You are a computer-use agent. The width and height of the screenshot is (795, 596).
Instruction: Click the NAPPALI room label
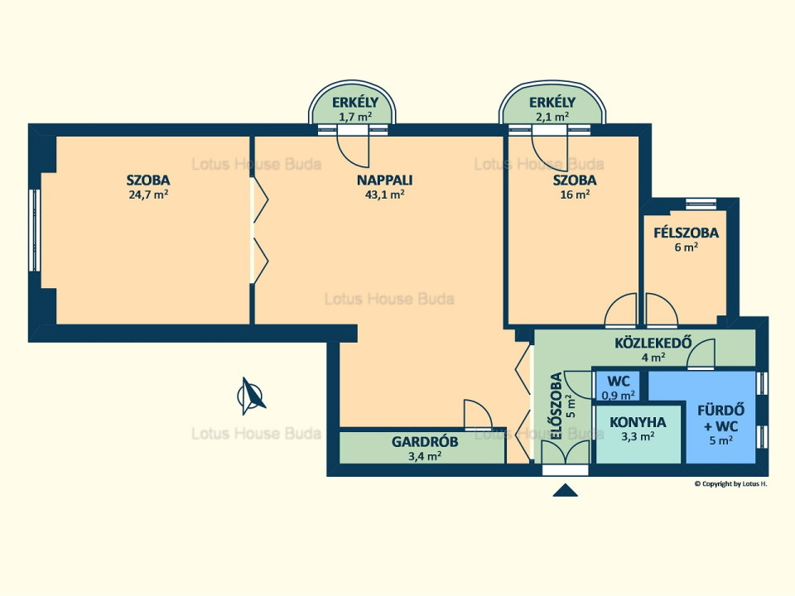[384, 180]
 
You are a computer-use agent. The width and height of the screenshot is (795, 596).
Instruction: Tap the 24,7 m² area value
[149, 195]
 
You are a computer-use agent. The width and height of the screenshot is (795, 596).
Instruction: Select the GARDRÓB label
[425, 441]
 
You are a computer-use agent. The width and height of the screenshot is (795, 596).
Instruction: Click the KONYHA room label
[638, 421]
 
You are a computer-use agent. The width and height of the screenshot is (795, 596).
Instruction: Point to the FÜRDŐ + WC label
[720, 417]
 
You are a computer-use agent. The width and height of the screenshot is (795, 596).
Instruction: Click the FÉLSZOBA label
[686, 233]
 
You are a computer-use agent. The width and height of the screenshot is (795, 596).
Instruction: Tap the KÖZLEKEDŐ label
[653, 344]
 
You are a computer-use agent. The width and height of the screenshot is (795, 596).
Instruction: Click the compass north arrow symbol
[252, 395]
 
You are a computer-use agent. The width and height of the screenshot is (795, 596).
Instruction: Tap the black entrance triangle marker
[566, 490]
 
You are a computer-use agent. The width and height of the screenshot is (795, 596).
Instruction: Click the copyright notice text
[730, 483]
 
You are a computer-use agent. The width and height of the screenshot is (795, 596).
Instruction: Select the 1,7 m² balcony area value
[354, 117]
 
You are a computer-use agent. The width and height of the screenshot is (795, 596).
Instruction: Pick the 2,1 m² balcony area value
[552, 117]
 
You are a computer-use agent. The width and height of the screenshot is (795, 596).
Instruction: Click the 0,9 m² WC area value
[619, 394]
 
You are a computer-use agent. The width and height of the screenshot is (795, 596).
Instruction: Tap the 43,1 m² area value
[384, 195]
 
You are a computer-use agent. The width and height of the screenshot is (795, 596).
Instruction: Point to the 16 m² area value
[574, 195]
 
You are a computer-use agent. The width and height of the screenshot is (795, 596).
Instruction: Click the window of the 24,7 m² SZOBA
[34, 230]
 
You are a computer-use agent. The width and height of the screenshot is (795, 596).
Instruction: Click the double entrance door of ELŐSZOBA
[565, 452]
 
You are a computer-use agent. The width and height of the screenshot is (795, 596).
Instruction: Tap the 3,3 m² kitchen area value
[638, 435]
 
